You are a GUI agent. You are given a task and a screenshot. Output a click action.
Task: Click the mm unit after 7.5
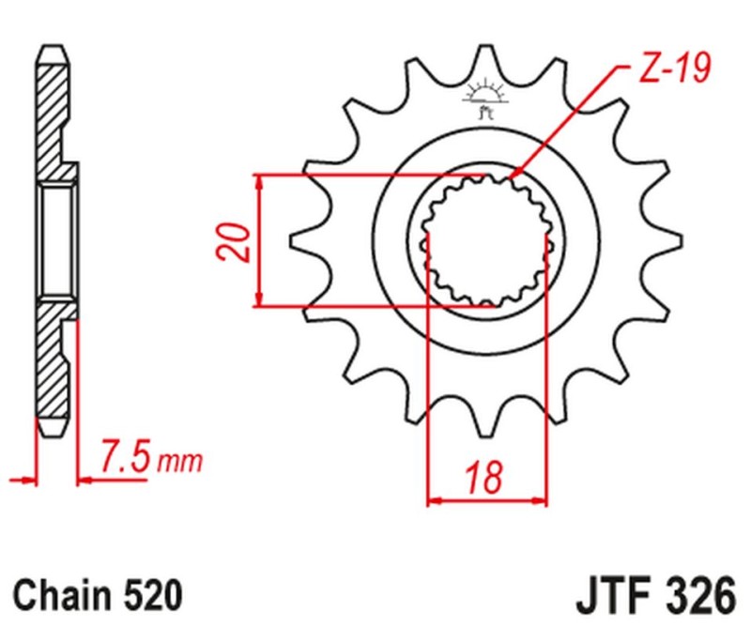click(x=179, y=462)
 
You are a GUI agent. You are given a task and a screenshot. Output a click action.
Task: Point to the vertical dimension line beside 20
click(x=260, y=240)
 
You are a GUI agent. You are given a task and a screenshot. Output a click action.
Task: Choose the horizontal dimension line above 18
click(x=486, y=500)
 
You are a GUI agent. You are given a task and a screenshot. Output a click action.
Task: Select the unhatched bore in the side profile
click(x=57, y=240)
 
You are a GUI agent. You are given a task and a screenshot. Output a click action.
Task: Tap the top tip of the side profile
click(x=54, y=47)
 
